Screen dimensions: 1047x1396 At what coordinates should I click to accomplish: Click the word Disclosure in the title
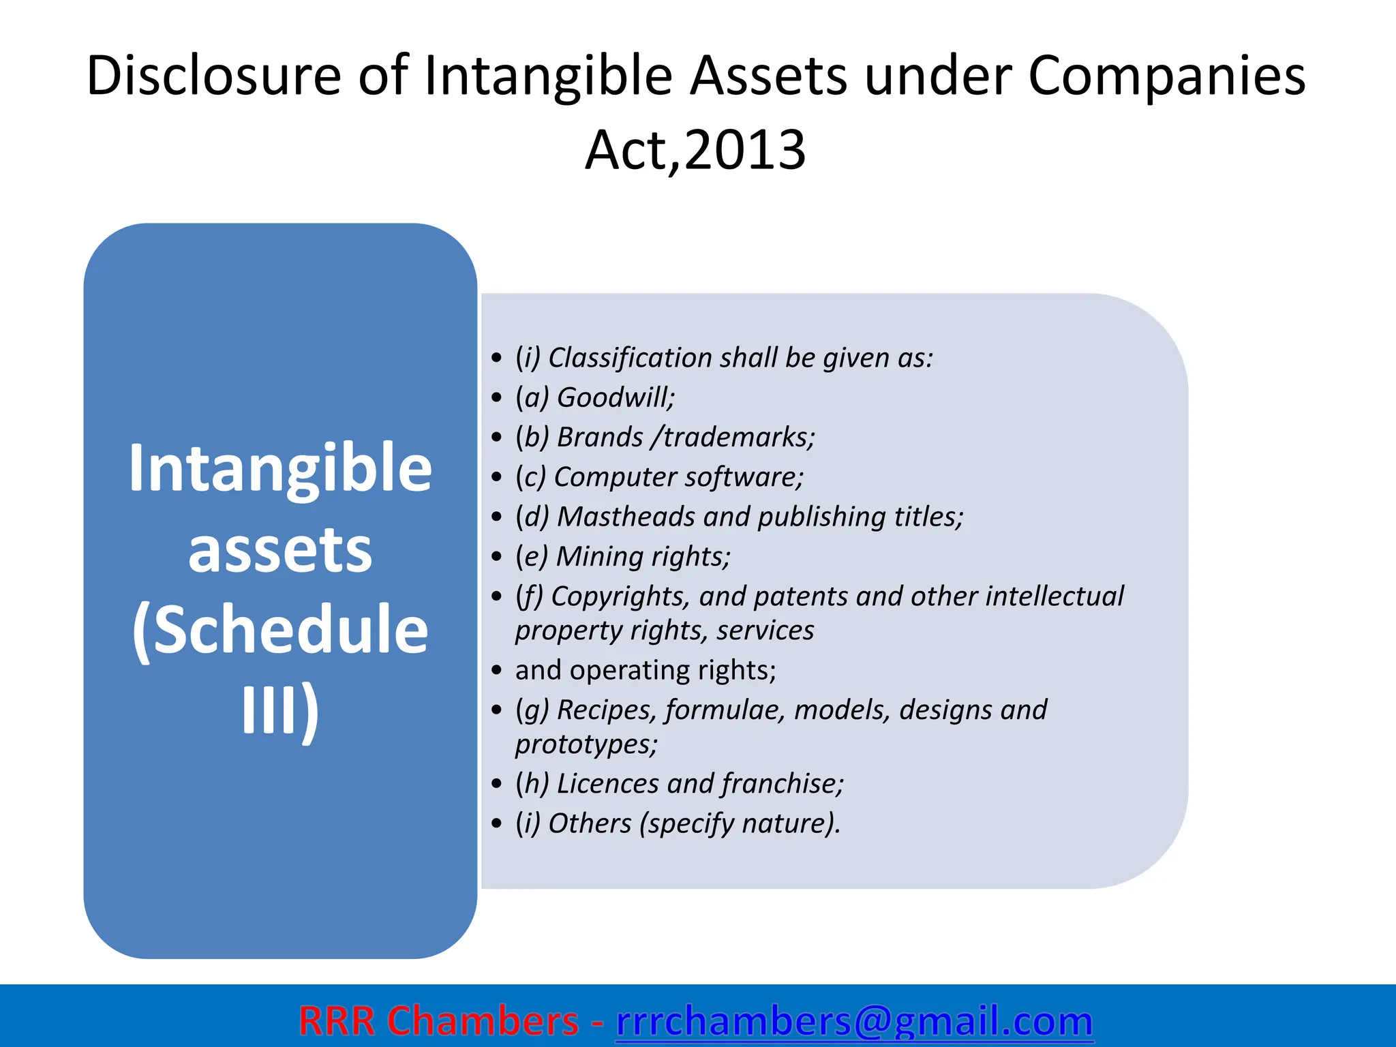pos(213,75)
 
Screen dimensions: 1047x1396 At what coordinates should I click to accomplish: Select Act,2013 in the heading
pos(696,150)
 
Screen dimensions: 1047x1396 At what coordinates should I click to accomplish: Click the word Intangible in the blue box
pos(280,468)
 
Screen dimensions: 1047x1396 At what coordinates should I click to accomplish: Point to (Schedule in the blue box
pos(280,631)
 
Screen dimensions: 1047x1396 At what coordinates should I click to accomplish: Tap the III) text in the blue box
pos(280,710)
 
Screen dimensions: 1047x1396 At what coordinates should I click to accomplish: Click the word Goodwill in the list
pos(613,397)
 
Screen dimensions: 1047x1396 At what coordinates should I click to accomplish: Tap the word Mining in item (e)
pos(594,556)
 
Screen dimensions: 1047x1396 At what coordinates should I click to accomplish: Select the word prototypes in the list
pos(585,744)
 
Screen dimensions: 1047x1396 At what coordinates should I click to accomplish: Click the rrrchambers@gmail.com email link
pos(854,1021)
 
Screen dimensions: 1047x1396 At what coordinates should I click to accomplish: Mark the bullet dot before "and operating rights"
pos(496,671)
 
